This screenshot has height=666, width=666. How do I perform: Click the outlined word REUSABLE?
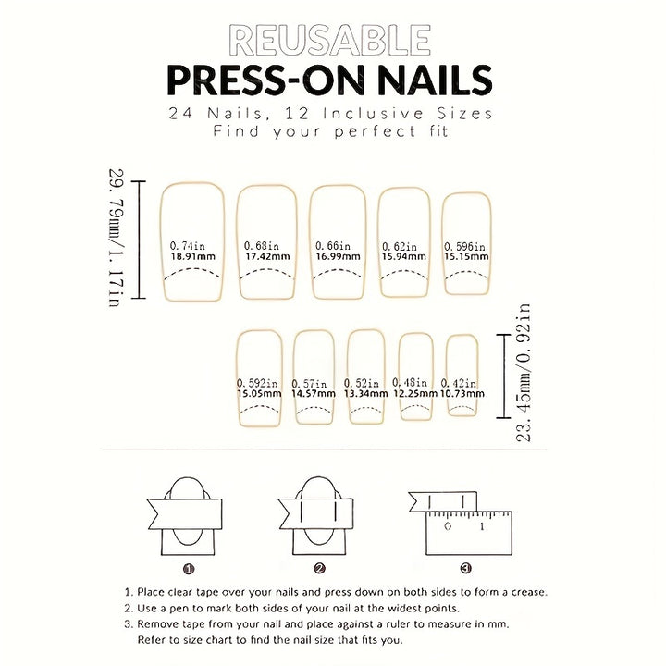(x=330, y=41)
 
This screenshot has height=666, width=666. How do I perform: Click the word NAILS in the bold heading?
(x=435, y=80)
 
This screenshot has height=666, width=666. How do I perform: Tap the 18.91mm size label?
(x=192, y=256)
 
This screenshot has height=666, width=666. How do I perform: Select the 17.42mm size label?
(x=267, y=256)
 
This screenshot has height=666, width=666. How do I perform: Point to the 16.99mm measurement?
(x=338, y=256)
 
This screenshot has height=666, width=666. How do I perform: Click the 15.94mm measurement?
(x=404, y=256)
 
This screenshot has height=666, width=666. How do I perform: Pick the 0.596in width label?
(x=464, y=247)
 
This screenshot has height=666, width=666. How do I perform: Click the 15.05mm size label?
(x=259, y=394)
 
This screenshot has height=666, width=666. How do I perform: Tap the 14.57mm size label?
(x=314, y=394)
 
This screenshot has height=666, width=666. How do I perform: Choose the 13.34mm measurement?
(x=365, y=394)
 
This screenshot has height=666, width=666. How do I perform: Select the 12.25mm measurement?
(x=415, y=394)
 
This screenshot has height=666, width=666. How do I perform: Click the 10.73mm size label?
(x=462, y=394)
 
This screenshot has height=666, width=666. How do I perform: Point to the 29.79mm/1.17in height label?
(x=116, y=238)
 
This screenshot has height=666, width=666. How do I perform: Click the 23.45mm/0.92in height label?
(x=524, y=373)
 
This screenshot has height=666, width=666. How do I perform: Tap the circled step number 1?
(x=189, y=569)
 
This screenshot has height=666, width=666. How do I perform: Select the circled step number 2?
(x=320, y=568)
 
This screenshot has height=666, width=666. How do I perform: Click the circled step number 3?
(x=466, y=568)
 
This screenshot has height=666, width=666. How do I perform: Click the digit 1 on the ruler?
(x=482, y=526)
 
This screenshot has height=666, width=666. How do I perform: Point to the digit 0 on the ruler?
(x=448, y=526)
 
